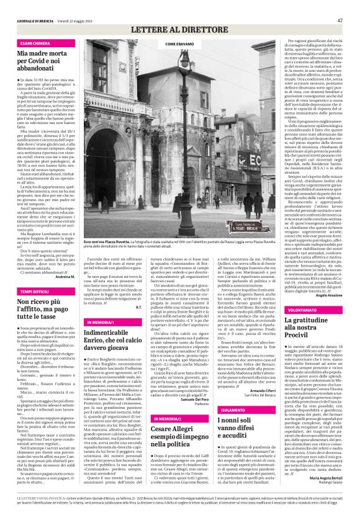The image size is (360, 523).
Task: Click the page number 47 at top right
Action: tap(340, 20)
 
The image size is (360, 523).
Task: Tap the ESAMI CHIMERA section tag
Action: tap(35, 44)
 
